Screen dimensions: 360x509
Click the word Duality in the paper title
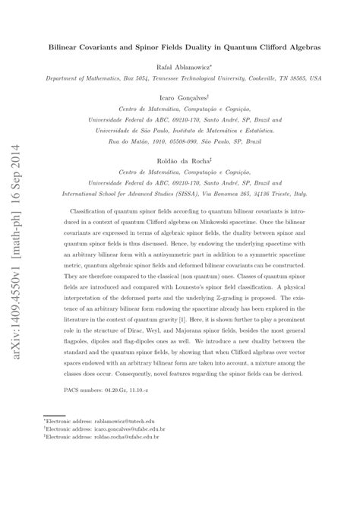(x=199, y=46)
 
